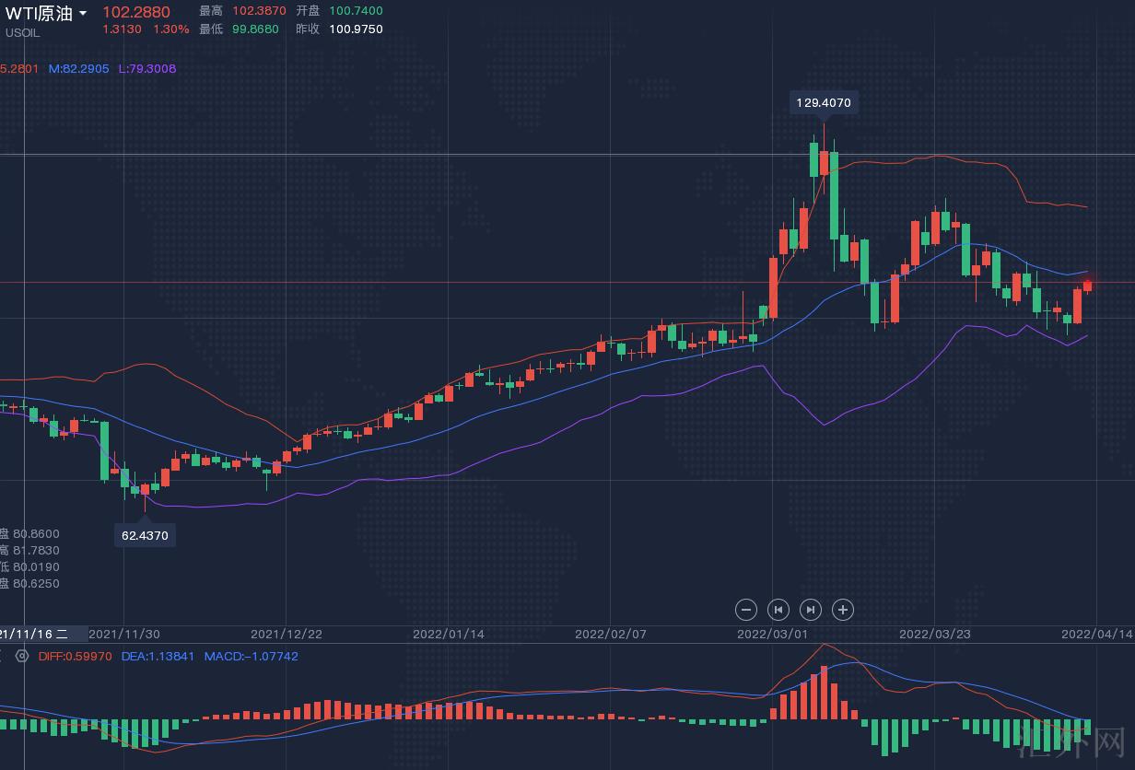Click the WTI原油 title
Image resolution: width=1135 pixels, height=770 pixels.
(40, 13)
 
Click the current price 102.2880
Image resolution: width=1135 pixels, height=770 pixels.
(135, 12)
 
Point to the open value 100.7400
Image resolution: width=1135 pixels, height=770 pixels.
(356, 11)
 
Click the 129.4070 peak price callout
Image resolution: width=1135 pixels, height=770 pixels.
(824, 103)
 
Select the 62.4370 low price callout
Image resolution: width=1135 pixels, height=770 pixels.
(145, 535)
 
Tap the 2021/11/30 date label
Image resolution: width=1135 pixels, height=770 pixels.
(124, 634)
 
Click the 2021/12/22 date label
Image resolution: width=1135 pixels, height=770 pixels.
(287, 634)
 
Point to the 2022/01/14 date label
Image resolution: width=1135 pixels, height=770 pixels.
(449, 634)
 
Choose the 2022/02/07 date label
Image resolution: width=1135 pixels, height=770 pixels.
(611, 634)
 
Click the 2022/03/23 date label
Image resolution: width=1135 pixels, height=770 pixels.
(935, 634)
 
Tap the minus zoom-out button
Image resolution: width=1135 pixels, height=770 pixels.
(746, 609)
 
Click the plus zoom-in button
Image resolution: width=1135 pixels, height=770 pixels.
(842, 609)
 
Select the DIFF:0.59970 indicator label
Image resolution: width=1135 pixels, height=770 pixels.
(75, 656)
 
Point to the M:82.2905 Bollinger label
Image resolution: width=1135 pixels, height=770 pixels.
(78, 68)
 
